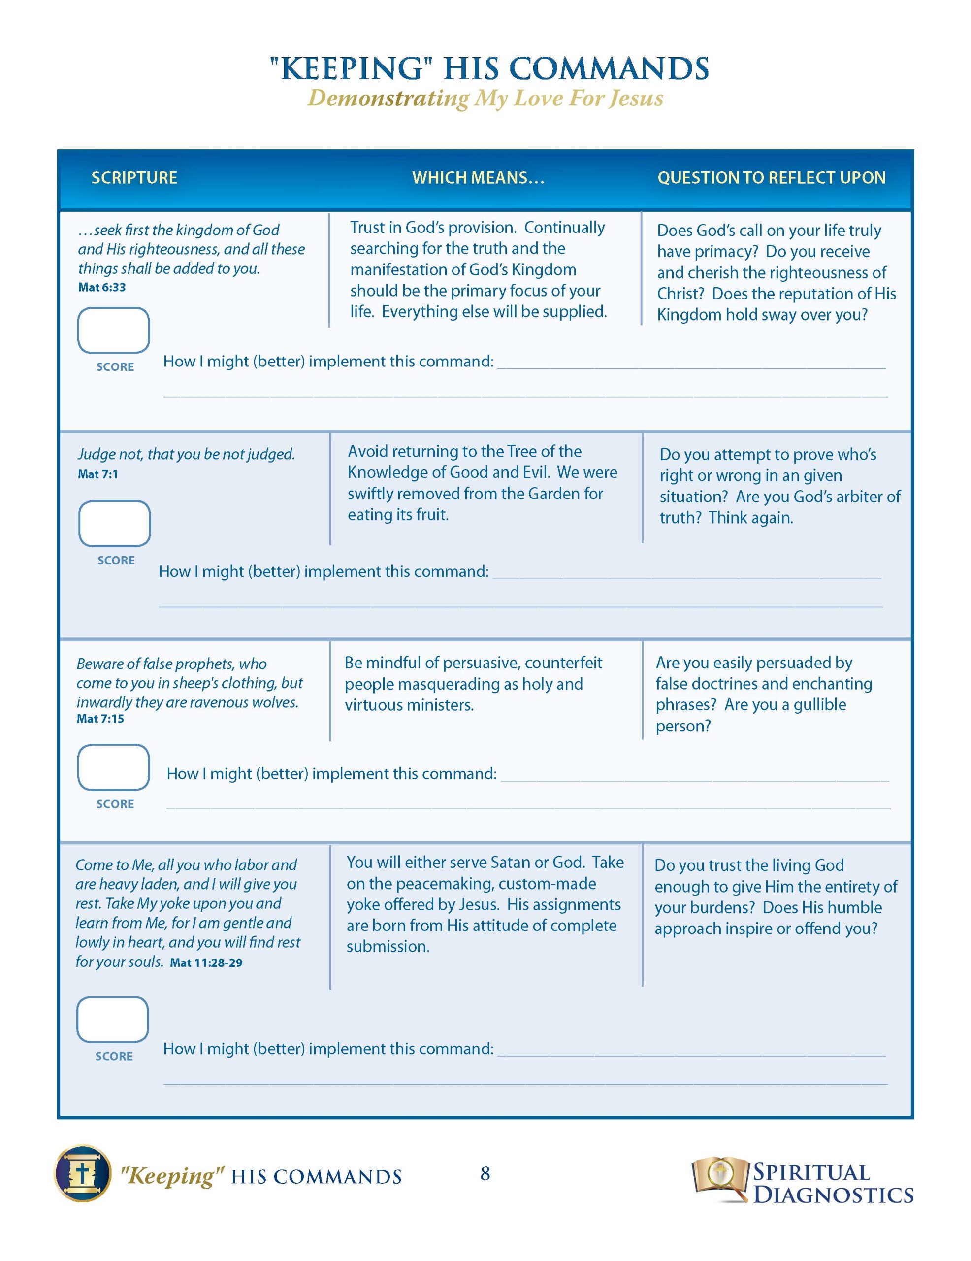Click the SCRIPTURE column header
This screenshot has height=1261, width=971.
pos(134,178)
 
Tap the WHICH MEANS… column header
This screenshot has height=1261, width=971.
pos(478,178)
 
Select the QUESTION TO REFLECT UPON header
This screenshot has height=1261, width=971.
pos(771,178)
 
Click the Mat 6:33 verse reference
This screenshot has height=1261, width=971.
pos(101,288)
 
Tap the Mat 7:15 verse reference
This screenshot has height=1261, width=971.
pos(100,719)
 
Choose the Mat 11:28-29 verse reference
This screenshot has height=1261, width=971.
pos(206,963)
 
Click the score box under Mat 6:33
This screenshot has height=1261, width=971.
pos(114,330)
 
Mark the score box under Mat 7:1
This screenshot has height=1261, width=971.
pos(114,523)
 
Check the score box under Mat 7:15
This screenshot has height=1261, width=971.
pos(114,767)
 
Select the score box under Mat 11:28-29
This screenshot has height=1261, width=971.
pos(113,1019)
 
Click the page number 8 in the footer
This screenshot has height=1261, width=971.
pos(485,1173)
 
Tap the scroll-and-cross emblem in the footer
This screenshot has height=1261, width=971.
pos(83,1174)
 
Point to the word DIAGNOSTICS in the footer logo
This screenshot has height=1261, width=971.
pos(833,1194)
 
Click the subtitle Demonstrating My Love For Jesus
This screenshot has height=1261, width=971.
pos(485,98)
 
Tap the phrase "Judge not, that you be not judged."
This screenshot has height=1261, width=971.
pos(186,454)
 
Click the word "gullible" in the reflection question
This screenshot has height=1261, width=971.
pos(820,705)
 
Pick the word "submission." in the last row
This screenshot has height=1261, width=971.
pos(388,947)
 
